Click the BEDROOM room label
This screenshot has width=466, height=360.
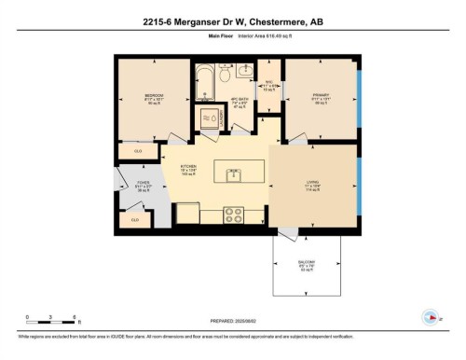pos(154,96)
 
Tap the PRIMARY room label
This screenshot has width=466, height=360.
pos(322,94)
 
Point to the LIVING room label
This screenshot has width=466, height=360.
pos(312,184)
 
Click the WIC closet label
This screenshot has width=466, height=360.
pos(268,82)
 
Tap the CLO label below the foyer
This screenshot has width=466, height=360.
pos(135,220)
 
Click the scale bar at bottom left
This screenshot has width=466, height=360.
pos(41,322)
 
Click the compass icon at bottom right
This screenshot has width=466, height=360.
pos(430,316)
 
